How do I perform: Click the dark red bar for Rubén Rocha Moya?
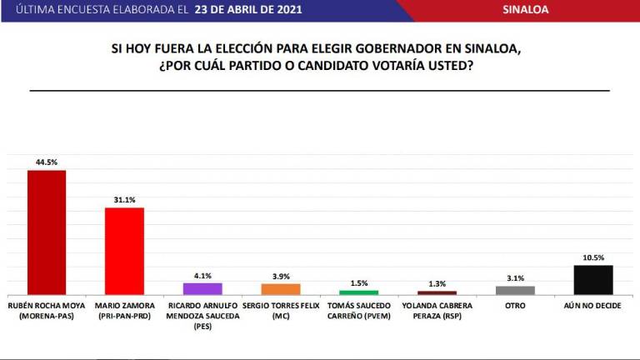47,232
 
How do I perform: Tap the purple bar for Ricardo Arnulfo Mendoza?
202,288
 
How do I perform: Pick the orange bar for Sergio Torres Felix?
280,288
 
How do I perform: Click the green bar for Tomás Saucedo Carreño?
358,292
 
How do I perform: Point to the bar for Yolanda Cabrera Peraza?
437,292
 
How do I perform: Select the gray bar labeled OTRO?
515,290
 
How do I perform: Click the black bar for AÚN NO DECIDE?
593,279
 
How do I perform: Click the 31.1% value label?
123,200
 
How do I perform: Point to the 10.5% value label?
593,257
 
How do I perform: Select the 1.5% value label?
358,282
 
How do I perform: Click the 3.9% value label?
280,276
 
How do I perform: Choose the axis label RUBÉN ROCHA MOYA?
47,307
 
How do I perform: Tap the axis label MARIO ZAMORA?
123,307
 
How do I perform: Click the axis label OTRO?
515,307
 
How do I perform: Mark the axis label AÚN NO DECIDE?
593,307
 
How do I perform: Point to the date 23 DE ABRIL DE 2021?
247,10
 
